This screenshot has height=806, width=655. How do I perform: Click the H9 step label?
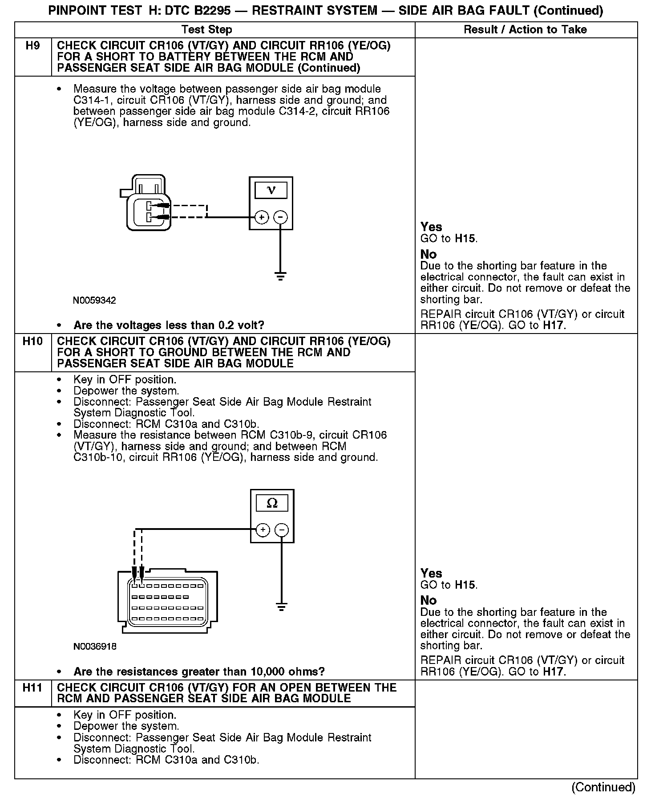(33, 45)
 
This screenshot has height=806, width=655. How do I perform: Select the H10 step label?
(33, 341)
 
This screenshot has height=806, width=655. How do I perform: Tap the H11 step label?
(33, 688)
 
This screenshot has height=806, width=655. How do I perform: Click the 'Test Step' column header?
(206, 30)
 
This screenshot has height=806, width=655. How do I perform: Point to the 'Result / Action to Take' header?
(525, 30)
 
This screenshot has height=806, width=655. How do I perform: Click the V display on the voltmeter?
(271, 191)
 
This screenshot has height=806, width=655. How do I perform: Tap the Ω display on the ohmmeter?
(272, 503)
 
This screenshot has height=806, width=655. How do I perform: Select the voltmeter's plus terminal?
(262, 217)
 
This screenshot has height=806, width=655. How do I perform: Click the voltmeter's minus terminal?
(280, 217)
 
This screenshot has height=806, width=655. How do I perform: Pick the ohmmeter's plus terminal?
(263, 530)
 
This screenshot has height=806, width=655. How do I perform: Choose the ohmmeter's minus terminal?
(282, 530)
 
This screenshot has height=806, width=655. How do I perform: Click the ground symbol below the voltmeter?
(280, 277)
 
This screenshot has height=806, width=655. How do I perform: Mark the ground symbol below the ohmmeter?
(281, 607)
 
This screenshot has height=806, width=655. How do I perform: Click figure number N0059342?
(94, 301)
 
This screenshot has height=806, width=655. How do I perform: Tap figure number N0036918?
(95, 646)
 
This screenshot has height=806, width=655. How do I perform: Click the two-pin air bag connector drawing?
(145, 205)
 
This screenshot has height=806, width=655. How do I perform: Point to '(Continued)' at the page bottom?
(603, 787)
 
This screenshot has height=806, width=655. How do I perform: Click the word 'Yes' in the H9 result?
(431, 227)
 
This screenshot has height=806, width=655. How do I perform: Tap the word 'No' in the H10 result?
(429, 600)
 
